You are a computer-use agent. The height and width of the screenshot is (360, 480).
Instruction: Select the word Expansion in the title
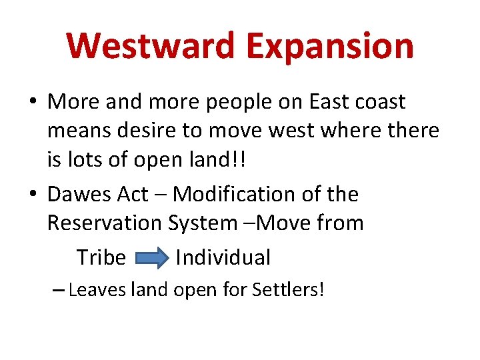point(329,46)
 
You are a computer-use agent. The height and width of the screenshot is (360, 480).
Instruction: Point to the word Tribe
point(101,257)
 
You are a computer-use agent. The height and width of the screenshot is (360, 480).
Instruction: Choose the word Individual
point(223,257)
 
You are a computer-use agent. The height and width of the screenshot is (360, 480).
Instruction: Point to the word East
point(325,102)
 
